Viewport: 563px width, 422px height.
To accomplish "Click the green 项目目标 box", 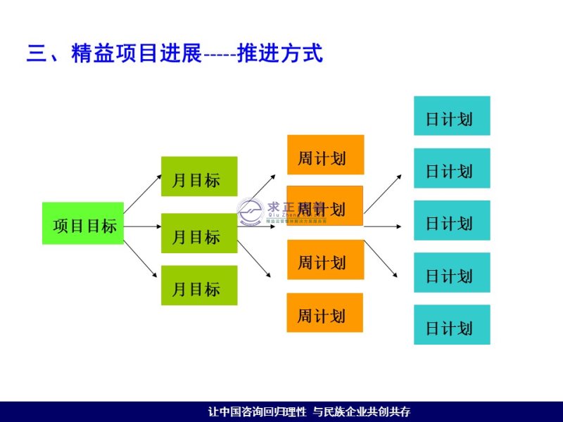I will point(83,224).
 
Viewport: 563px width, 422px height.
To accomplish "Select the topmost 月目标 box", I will point(199,177).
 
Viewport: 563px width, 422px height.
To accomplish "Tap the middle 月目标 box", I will point(199,234).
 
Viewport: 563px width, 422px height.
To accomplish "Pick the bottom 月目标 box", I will point(199,286).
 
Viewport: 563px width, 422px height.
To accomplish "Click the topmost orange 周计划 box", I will point(325,155).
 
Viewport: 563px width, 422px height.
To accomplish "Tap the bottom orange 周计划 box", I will point(324,313).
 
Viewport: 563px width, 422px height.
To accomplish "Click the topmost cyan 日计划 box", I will point(452,116).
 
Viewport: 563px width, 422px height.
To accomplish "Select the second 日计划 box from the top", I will point(452,169).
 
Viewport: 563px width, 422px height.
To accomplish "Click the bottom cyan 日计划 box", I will point(452,325).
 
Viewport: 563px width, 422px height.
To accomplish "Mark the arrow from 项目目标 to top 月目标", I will point(142,194).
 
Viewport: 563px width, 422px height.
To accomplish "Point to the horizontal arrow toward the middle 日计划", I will point(384,226).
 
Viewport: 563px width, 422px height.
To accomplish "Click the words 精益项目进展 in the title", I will point(137,53).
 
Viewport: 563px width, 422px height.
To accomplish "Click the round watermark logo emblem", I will point(250,211).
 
